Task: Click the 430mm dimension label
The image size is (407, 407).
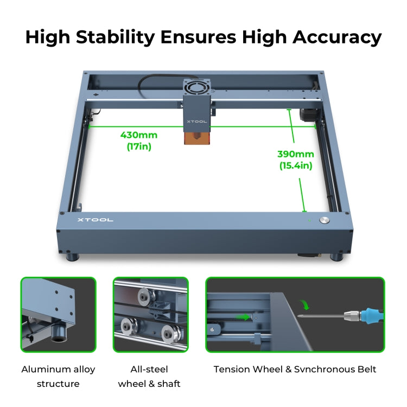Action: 139,135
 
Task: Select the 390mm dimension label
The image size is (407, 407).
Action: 296,154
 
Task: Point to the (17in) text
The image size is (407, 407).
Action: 139,146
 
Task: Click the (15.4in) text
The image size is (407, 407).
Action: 296,166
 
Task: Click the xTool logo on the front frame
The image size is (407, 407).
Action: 95,220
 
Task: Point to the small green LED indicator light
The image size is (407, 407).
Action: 309,220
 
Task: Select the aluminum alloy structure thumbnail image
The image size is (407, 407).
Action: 58,314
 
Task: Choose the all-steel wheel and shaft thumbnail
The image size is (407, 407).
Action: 150,314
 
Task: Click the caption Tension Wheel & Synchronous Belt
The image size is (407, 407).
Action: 295,370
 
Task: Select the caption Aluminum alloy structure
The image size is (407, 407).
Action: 58,376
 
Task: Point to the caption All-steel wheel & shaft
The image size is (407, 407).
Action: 150,376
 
